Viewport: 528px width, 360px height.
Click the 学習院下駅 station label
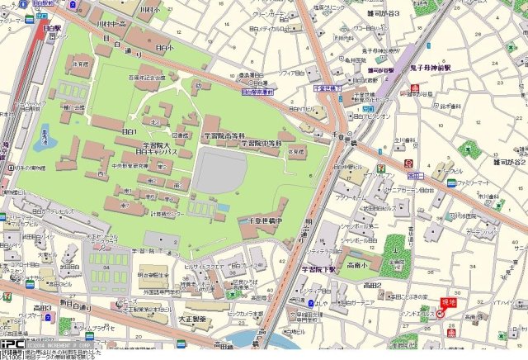click(318, 269)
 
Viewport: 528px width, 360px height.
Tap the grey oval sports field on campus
click(221, 173)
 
